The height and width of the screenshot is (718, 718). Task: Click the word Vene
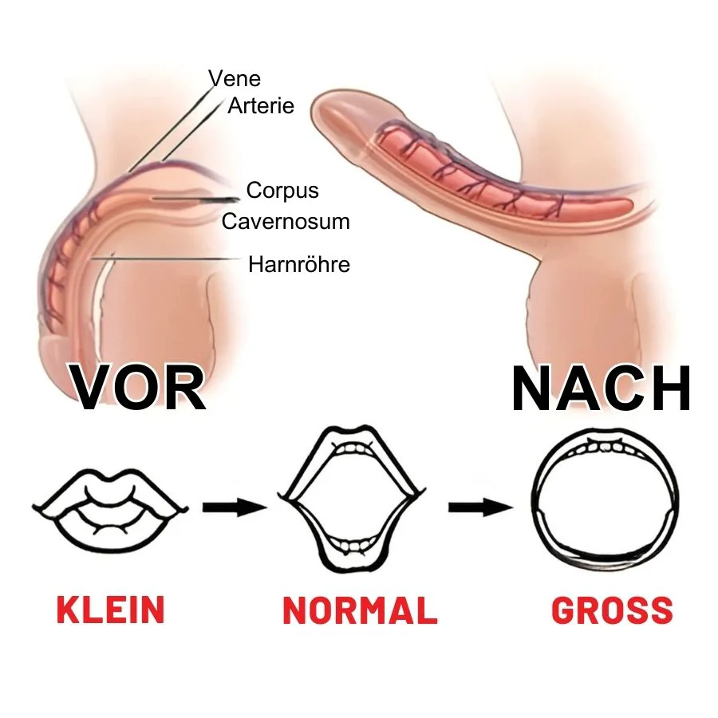coord(235,79)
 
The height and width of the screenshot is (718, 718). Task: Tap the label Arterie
coord(261,106)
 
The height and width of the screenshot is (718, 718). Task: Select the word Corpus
coord(282,191)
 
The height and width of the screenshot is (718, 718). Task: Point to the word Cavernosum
coord(286,222)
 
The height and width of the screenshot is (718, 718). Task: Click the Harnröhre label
coord(299,264)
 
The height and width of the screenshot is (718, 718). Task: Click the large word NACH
coord(602,389)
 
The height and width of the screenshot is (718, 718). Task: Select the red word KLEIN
coord(110,610)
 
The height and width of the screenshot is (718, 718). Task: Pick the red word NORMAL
coord(361,610)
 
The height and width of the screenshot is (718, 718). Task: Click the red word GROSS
coord(612,610)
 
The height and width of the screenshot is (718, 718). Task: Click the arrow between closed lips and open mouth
coord(234,507)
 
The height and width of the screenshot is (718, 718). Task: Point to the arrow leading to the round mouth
coord(480,507)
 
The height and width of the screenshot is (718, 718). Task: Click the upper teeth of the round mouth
coord(606,447)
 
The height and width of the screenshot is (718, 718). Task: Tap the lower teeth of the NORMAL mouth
coord(351,546)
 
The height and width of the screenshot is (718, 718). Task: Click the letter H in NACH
coord(669,389)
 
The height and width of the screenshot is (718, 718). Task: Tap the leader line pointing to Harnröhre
coord(166,258)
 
